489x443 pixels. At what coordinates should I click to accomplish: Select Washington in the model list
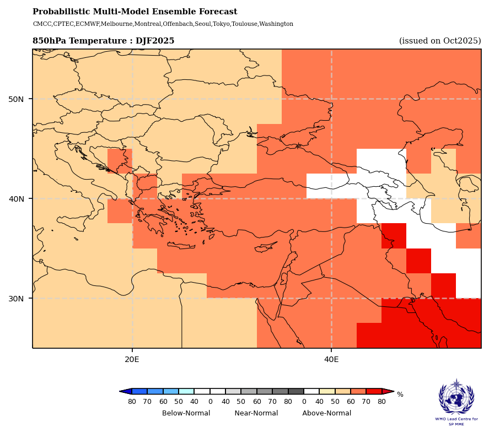(276, 24)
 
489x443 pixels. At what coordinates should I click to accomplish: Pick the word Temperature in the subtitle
(104, 41)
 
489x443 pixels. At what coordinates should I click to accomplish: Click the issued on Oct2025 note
(440, 41)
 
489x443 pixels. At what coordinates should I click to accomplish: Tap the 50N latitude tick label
(16, 99)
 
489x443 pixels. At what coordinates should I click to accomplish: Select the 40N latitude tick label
(16, 199)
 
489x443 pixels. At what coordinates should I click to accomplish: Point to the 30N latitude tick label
(16, 299)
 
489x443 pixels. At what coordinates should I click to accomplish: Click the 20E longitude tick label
(132, 360)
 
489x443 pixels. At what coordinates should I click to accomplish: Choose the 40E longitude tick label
(331, 360)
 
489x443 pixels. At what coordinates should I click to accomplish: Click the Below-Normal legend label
(186, 413)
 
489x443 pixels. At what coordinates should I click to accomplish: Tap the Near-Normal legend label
(256, 413)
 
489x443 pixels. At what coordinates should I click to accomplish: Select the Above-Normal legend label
(326, 413)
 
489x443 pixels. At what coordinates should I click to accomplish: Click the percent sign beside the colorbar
(400, 395)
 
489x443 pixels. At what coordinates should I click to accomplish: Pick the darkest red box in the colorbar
(374, 391)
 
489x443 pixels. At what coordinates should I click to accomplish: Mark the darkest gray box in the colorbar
(296, 391)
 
